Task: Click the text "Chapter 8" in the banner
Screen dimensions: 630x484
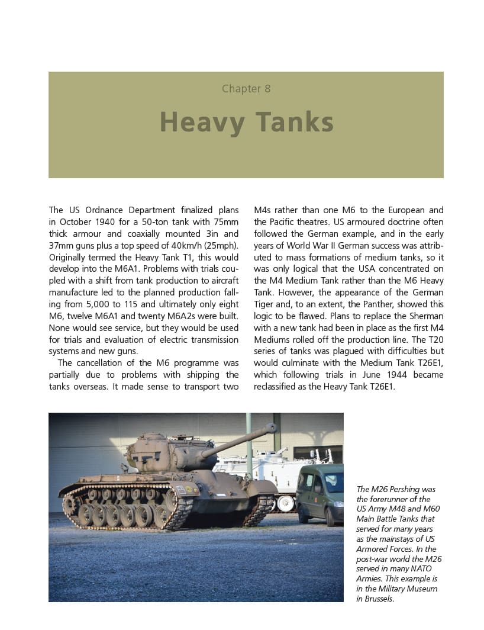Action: (246, 89)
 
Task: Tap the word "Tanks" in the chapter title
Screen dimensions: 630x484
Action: (294, 123)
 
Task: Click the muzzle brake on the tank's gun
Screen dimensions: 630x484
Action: (270, 427)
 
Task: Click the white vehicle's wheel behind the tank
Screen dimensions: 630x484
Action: (285, 503)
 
